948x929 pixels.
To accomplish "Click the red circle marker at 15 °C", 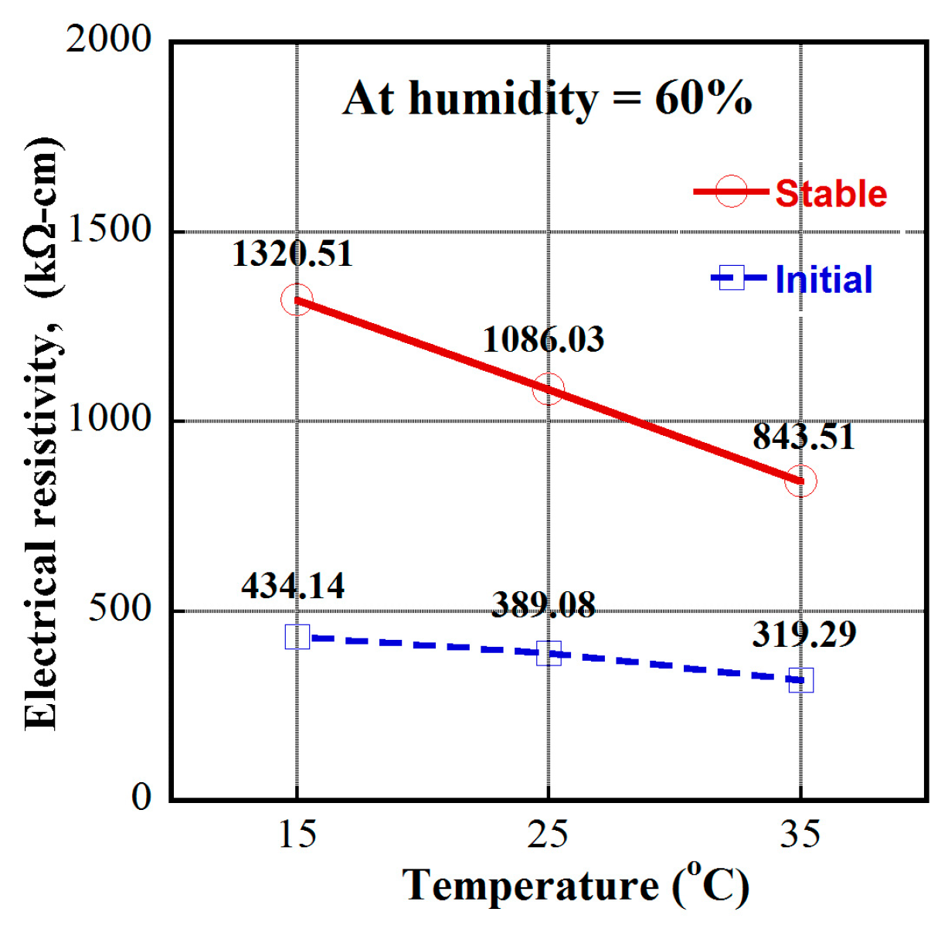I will coord(297,300).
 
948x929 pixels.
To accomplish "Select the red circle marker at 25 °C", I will coord(549,389).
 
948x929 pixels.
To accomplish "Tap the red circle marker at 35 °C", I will coord(800,481).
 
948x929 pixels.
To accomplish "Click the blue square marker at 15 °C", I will coord(297,637).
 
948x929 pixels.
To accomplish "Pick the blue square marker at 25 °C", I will coord(549,653).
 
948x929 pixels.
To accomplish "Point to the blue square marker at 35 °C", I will coord(800,680).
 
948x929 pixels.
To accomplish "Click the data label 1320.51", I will coord(292,254).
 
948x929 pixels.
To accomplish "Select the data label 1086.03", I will coord(543,340).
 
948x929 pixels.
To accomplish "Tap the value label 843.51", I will coord(804,437).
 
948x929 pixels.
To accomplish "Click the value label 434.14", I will coord(293,586).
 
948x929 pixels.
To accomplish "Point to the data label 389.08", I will coord(543,604).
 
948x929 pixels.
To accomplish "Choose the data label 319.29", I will coord(804,635).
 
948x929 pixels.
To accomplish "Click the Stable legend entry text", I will coord(831,193).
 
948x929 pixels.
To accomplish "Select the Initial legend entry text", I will coord(824,279).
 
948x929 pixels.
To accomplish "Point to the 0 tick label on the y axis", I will coord(141,797).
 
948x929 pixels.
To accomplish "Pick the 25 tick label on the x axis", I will coord(548,834).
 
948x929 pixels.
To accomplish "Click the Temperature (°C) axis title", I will coord(576,886).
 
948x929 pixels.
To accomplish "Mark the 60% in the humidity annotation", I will coord(703,99).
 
